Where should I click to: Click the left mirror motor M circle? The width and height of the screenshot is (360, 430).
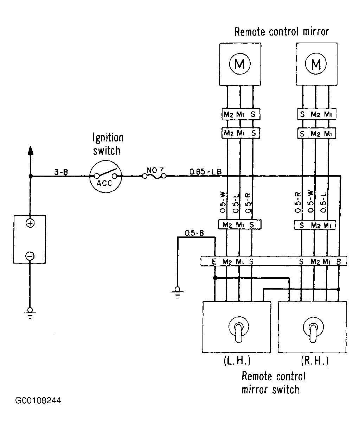pyautogui.click(x=240, y=64)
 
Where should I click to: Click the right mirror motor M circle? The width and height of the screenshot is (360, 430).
pyautogui.click(x=316, y=64)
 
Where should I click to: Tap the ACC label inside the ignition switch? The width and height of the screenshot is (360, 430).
pyautogui.click(x=104, y=183)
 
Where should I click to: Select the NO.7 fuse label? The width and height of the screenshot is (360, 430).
pyautogui.click(x=155, y=170)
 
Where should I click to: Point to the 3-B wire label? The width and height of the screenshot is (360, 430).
pyautogui.click(x=61, y=172)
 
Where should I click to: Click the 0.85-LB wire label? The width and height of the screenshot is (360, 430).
pyautogui.click(x=206, y=172)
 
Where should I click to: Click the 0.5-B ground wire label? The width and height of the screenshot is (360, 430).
pyautogui.click(x=194, y=233)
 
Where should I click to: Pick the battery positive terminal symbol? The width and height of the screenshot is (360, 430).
pyautogui.click(x=30, y=223)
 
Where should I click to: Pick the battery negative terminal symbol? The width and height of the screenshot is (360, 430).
pyautogui.click(x=30, y=256)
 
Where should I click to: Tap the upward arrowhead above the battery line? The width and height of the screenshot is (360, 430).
pyautogui.click(x=31, y=150)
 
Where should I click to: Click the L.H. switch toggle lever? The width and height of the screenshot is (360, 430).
pyautogui.click(x=239, y=333)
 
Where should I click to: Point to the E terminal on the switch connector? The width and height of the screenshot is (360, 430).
pyautogui.click(x=214, y=261)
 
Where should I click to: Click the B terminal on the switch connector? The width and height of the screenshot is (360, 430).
pyautogui.click(x=339, y=261)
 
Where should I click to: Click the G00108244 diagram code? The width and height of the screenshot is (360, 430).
pyautogui.click(x=38, y=400)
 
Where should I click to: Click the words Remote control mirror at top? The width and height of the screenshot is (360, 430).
pyautogui.click(x=282, y=32)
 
